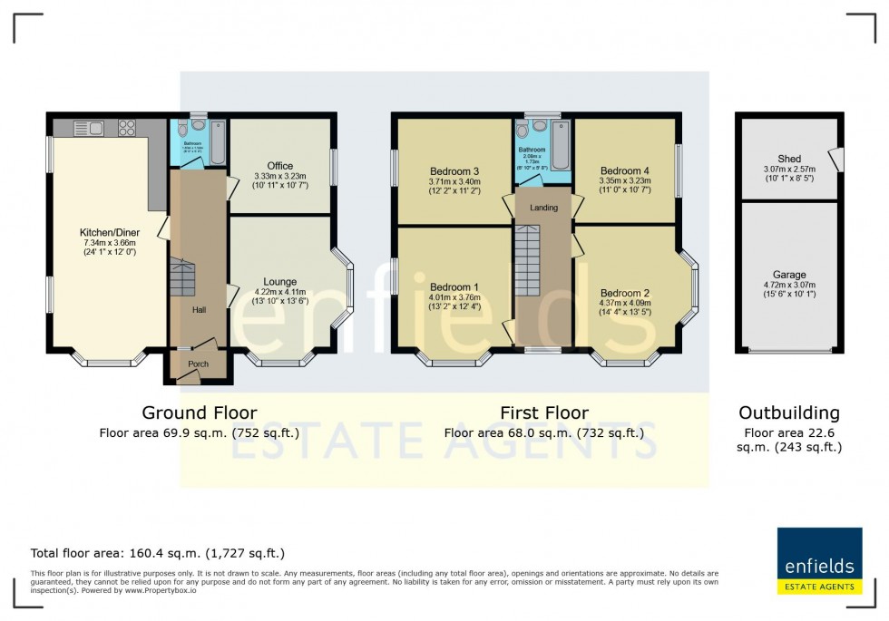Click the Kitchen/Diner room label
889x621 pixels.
108,233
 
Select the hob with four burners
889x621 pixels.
126,128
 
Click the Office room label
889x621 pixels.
280,166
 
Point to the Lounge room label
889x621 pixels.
280,282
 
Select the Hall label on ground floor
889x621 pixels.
199,310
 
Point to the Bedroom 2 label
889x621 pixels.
625,293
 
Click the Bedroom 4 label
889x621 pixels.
625,170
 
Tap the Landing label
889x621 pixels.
543,208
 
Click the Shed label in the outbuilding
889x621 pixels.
789,159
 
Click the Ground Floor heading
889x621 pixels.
200,413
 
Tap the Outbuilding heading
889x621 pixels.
788,413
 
